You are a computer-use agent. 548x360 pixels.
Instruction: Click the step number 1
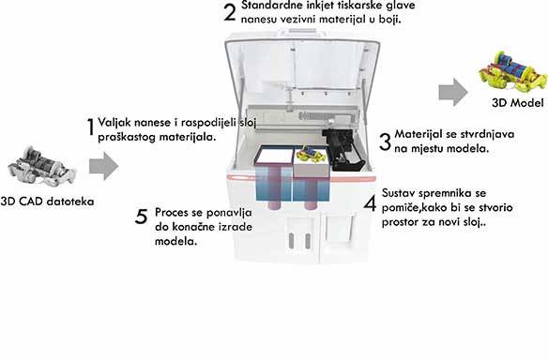[x=90, y=127]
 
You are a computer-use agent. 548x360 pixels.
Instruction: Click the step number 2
[x=230, y=12]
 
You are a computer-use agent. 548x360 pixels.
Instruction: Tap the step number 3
[x=385, y=142]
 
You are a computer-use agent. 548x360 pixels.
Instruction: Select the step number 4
[x=370, y=202]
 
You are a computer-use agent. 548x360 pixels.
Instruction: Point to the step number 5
[x=141, y=217]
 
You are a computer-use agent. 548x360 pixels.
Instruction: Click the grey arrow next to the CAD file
[x=104, y=166]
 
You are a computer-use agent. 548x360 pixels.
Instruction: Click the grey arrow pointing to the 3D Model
[x=453, y=92]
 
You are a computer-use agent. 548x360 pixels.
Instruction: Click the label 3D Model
[x=518, y=103]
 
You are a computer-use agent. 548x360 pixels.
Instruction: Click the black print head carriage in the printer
[x=343, y=149]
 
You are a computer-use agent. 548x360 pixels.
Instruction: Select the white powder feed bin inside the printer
[x=275, y=156]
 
